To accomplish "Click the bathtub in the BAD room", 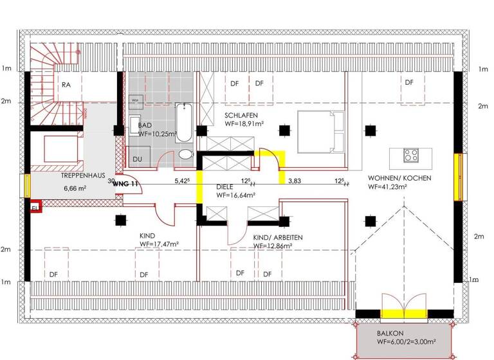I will (183, 123).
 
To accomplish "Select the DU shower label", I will (138, 159).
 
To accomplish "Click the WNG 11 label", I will (126, 184).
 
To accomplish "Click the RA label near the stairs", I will (66, 85).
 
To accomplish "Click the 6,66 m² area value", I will (75, 189).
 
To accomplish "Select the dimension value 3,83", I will (295, 181).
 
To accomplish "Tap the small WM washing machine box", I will (136, 101).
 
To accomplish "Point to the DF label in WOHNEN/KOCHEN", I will (408, 82).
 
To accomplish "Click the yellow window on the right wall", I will (459, 177).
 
